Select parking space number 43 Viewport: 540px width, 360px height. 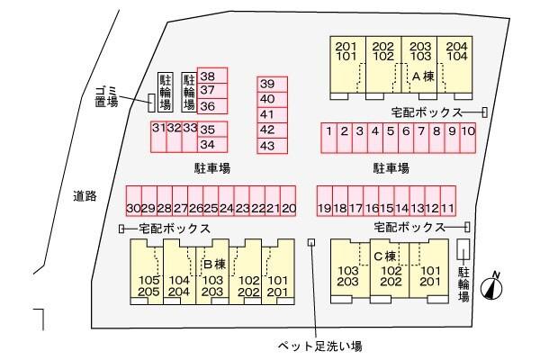click(x=266, y=144)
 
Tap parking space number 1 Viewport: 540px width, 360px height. click(x=330, y=131)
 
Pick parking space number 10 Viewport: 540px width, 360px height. click(x=468, y=131)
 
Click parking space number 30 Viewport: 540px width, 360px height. click(x=134, y=208)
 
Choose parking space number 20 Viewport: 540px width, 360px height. click(x=289, y=208)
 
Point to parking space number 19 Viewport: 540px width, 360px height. click(x=325, y=208)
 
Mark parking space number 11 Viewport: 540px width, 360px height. click(x=447, y=208)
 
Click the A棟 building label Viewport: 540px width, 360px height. click(x=424, y=77)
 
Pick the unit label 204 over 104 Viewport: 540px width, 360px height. click(x=456, y=50)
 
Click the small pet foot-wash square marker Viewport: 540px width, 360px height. click(x=312, y=241)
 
